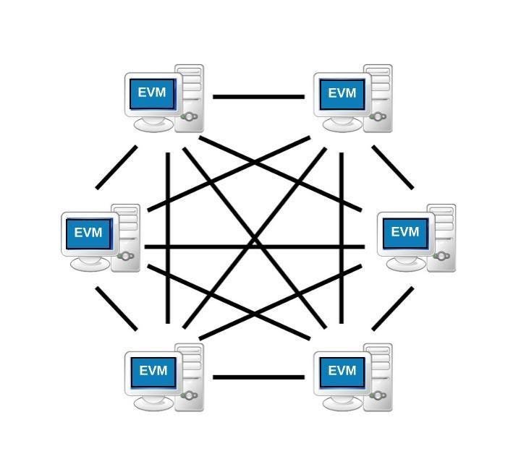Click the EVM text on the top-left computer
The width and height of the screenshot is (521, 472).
tap(152, 93)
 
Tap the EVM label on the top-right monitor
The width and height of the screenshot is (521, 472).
tap(342, 93)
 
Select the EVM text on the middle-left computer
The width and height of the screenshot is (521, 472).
tap(88, 232)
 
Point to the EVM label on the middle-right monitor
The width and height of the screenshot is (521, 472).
tap(405, 232)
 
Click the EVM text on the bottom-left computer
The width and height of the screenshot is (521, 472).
tap(153, 370)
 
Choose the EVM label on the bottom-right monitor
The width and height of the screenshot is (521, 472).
tap(342, 370)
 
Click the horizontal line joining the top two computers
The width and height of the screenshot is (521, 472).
tap(259, 97)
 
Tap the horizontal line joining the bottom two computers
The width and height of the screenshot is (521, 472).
tap(259, 377)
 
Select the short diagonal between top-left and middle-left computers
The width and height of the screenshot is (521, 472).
tap(117, 167)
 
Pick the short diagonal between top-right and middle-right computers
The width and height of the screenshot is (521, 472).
tap(393, 167)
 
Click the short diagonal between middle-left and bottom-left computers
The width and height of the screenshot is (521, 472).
tap(117, 309)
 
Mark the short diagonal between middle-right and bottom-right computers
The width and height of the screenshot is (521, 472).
tap(393, 309)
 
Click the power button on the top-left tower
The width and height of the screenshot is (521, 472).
tap(189, 116)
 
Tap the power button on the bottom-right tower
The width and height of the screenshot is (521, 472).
tap(378, 395)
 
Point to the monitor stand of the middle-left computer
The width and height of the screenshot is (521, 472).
tap(90, 263)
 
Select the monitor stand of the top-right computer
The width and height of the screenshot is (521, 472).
tap(342, 124)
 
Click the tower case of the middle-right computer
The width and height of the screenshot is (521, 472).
tap(441, 238)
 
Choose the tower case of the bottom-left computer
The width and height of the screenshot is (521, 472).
tap(189, 377)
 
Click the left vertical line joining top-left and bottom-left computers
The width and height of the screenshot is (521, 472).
tap(168, 238)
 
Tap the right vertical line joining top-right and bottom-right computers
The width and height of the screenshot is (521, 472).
tap(342, 238)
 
